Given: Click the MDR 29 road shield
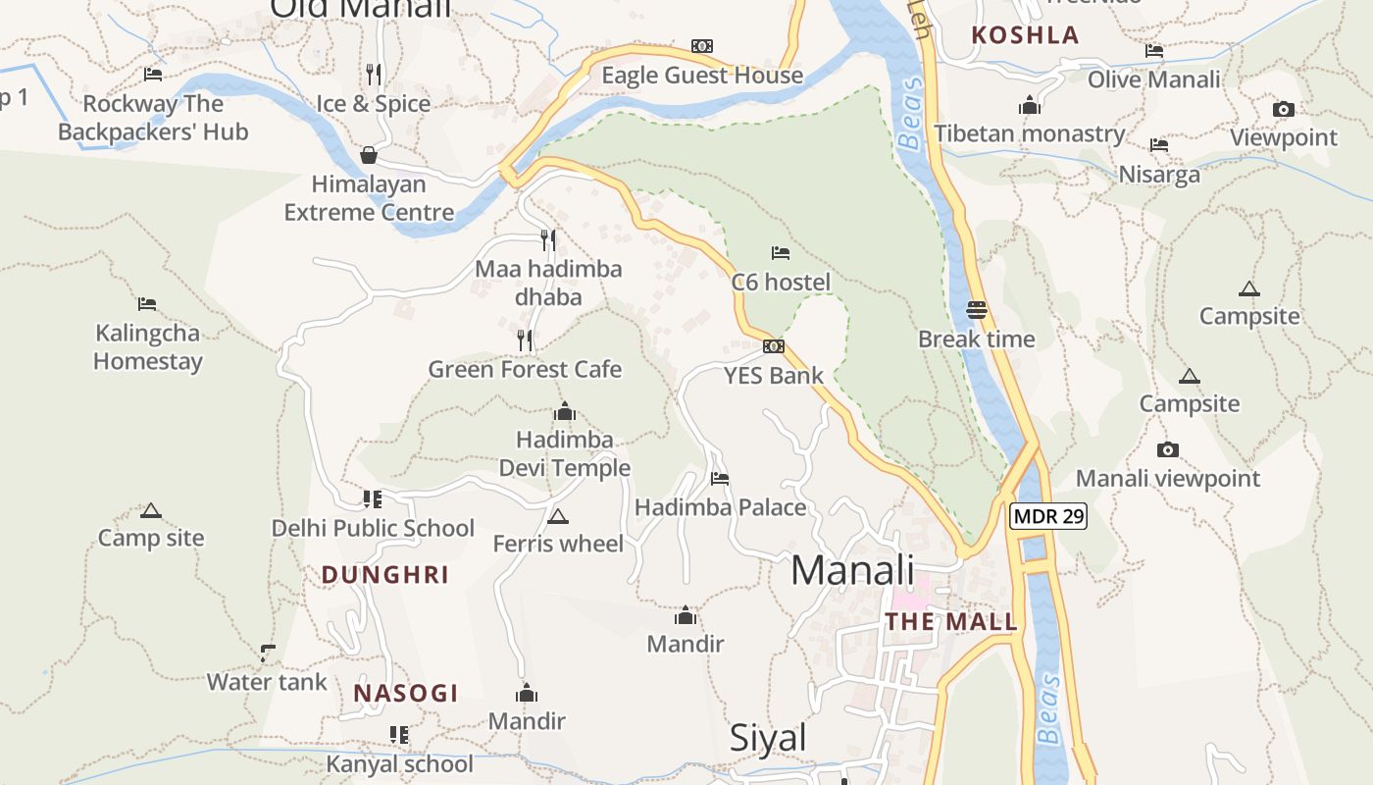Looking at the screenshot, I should point(1048,516).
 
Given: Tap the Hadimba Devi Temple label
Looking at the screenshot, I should point(565,453).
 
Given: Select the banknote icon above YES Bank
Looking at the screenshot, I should point(774,346).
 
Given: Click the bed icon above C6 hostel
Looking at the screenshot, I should point(781,253).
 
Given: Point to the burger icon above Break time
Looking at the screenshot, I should point(976,310).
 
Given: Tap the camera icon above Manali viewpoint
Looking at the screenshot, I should point(1167,449).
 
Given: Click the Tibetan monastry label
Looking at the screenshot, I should point(1029,133).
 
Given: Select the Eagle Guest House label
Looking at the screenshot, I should point(702,76).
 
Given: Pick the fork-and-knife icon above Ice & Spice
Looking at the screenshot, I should point(374,74).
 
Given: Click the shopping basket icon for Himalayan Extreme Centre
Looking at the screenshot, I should point(369,155).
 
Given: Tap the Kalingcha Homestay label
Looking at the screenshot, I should point(148,346).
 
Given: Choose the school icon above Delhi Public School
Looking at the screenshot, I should point(373,498).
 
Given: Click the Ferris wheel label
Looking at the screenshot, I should point(558,544).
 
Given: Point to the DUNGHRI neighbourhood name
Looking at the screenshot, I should point(385,575).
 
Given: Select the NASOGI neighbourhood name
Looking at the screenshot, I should point(406,693).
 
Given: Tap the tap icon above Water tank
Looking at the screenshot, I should point(267,653).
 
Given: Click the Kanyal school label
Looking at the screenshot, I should point(399,763).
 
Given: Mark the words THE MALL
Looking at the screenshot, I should point(951,622).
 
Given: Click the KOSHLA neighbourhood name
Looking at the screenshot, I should point(1025,35).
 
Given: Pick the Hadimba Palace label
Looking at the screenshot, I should point(721,507).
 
